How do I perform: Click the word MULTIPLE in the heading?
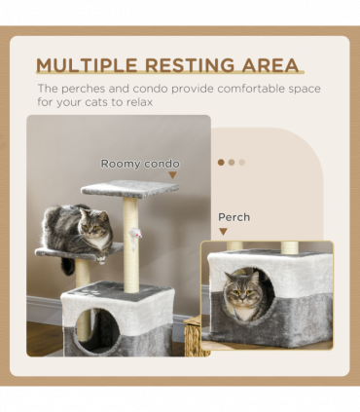point(86,66)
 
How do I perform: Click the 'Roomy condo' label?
point(140,164)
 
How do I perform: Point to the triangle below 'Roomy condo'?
point(173,176)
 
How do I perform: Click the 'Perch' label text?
point(234,217)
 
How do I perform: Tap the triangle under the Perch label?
point(224,232)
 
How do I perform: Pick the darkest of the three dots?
point(221,163)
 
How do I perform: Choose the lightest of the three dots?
point(242,163)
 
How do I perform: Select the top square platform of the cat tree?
point(129,188)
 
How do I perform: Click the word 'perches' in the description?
point(82,89)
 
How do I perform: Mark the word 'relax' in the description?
point(137,101)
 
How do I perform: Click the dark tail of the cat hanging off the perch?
point(68,265)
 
